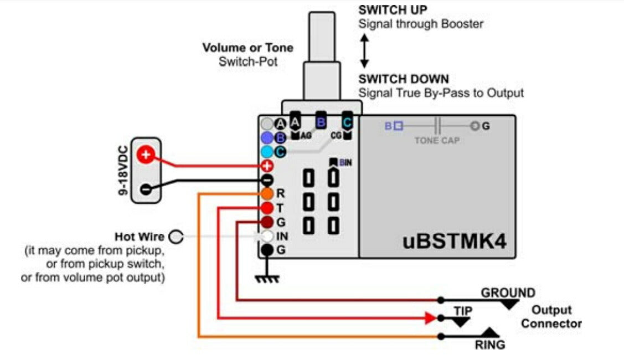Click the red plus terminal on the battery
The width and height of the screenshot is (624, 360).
pyautogui.click(x=146, y=155)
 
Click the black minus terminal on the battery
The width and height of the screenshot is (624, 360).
pyautogui.click(x=146, y=188)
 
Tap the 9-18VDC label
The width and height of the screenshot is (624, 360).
pyautogui.click(x=123, y=172)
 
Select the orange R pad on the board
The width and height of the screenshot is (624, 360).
pyautogui.click(x=267, y=193)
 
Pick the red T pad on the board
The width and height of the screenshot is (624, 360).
pyautogui.click(x=267, y=208)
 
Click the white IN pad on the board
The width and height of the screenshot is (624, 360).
pyautogui.click(x=267, y=236)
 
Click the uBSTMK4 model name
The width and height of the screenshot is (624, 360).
pyautogui.click(x=453, y=241)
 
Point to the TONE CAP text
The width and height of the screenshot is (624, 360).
pyautogui.click(x=437, y=141)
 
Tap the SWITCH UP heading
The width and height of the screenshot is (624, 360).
pyautogui.click(x=393, y=10)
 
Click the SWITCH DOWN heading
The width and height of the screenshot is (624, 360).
pyautogui.click(x=403, y=79)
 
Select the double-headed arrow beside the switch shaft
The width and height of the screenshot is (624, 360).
pyautogui.click(x=364, y=50)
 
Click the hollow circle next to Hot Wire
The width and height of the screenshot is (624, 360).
pyautogui.click(x=176, y=237)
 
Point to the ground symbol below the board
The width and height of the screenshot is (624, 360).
pyautogui.click(x=267, y=279)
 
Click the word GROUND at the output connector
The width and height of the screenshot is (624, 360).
pyautogui.click(x=508, y=292)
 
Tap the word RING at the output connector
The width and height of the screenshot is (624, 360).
pyautogui.click(x=490, y=345)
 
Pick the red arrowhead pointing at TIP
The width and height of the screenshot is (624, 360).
pyautogui.click(x=430, y=318)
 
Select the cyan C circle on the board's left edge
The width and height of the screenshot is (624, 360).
pyautogui.click(x=267, y=151)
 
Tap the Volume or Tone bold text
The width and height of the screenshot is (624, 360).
pyautogui.click(x=247, y=48)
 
